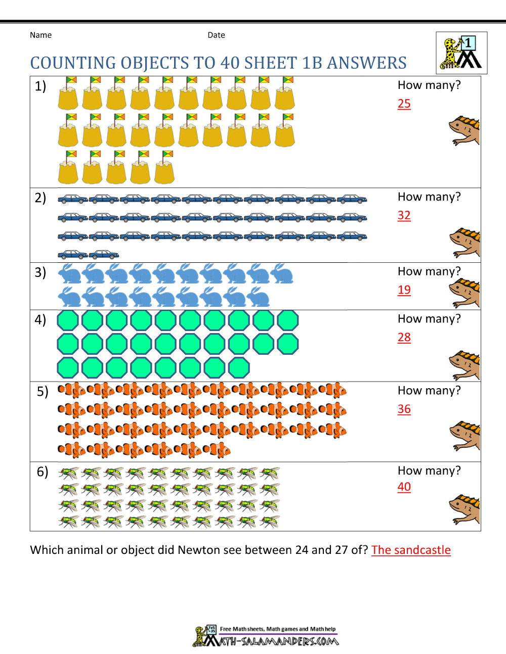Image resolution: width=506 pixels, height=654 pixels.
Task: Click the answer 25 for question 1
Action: [404, 104]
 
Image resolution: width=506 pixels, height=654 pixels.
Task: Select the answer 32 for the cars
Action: [404, 215]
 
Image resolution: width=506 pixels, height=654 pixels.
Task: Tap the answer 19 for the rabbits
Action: [404, 290]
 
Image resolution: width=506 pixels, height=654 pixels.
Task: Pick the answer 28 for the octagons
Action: [404, 337]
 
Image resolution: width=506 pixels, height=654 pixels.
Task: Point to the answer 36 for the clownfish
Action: [404, 409]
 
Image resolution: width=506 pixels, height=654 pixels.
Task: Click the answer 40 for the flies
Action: [404, 487]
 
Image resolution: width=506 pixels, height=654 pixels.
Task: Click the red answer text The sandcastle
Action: [411, 550]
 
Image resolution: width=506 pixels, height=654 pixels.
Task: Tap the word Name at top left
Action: [40, 35]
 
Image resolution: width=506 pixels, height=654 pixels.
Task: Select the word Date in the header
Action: [216, 35]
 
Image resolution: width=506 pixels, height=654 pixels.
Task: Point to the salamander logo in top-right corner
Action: [461, 53]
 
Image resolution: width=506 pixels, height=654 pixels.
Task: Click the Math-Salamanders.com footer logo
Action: [266, 636]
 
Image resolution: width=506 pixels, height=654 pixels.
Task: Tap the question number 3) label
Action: [40, 272]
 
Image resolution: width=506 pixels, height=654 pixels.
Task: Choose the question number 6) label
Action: [43, 472]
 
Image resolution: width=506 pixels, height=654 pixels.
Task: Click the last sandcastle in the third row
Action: [164, 168]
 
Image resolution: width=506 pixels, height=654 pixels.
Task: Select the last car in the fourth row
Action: [104, 254]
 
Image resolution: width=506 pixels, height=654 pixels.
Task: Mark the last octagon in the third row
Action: [239, 367]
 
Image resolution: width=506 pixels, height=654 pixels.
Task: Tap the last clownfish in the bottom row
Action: [217, 449]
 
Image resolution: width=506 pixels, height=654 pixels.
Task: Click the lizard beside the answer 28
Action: [465, 365]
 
